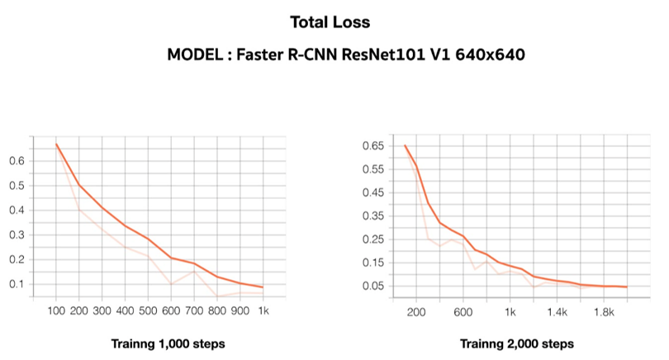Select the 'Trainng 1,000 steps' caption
pos(168,343)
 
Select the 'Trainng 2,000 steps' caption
pos(517,343)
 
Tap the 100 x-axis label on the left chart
pos(56,312)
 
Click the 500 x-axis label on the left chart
pos(148,312)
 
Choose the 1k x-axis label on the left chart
pos(263,312)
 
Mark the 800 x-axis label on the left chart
pos(217,312)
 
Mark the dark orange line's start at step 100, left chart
pos(56,144)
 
